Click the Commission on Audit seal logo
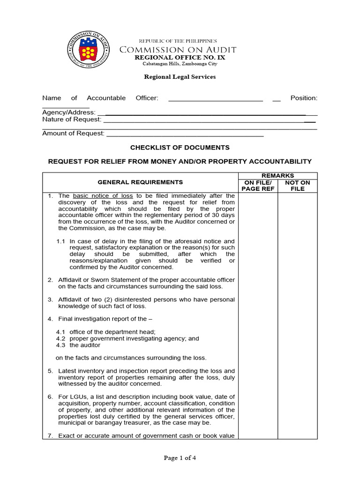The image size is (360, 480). (x=89, y=51)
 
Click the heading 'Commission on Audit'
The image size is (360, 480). (x=178, y=50)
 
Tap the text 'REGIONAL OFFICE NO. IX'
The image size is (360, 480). (x=180, y=57)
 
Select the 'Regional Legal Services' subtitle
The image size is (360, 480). (x=180, y=77)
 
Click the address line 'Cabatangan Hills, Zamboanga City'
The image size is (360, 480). (x=180, y=64)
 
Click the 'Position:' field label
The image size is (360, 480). (x=304, y=98)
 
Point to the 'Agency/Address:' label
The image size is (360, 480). (x=69, y=112)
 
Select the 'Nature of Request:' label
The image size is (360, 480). (x=72, y=120)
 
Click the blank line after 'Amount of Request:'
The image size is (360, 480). (x=185, y=134)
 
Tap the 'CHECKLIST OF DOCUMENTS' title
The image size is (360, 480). (x=180, y=147)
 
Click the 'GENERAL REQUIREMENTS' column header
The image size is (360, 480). (x=140, y=182)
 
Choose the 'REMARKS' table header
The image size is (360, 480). (x=277, y=176)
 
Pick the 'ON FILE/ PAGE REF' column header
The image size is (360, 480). (x=257, y=186)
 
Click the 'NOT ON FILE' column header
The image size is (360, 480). (x=297, y=186)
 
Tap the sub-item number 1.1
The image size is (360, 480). (x=60, y=241)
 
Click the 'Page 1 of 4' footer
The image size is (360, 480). (x=180, y=458)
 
